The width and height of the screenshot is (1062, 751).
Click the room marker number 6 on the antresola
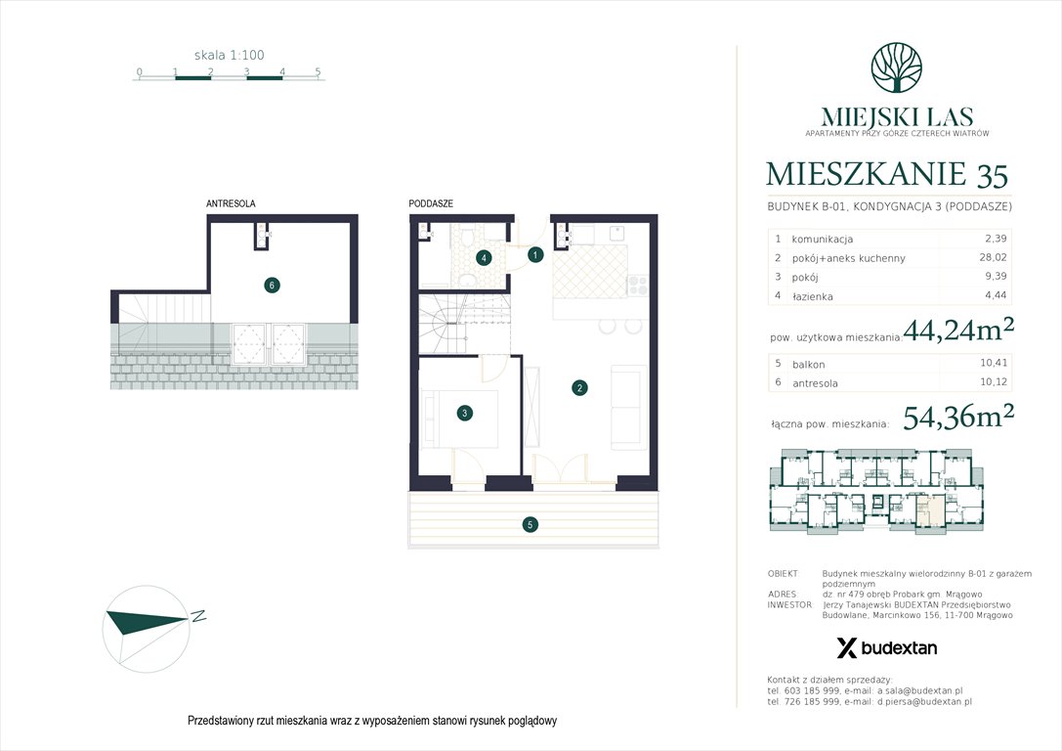point(272,286)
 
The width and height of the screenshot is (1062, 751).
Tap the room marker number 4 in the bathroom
point(483,258)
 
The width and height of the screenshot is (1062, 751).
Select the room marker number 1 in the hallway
point(534,255)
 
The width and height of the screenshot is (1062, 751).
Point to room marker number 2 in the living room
point(579,388)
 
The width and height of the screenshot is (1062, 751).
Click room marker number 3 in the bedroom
point(465,414)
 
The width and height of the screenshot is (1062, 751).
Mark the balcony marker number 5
point(530,525)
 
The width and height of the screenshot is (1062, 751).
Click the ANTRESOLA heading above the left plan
point(231,203)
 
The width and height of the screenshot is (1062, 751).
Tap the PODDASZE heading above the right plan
point(431,203)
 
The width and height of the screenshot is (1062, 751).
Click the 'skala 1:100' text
point(229,56)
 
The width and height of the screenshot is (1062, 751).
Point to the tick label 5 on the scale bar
point(318,71)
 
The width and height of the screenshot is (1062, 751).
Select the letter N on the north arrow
point(198,616)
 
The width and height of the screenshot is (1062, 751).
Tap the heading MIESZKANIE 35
point(887,175)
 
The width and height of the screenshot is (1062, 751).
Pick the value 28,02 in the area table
point(997,258)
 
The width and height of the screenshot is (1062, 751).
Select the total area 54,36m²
point(958,418)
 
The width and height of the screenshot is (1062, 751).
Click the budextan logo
point(886,647)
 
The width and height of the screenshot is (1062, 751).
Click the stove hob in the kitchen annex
point(636,285)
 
